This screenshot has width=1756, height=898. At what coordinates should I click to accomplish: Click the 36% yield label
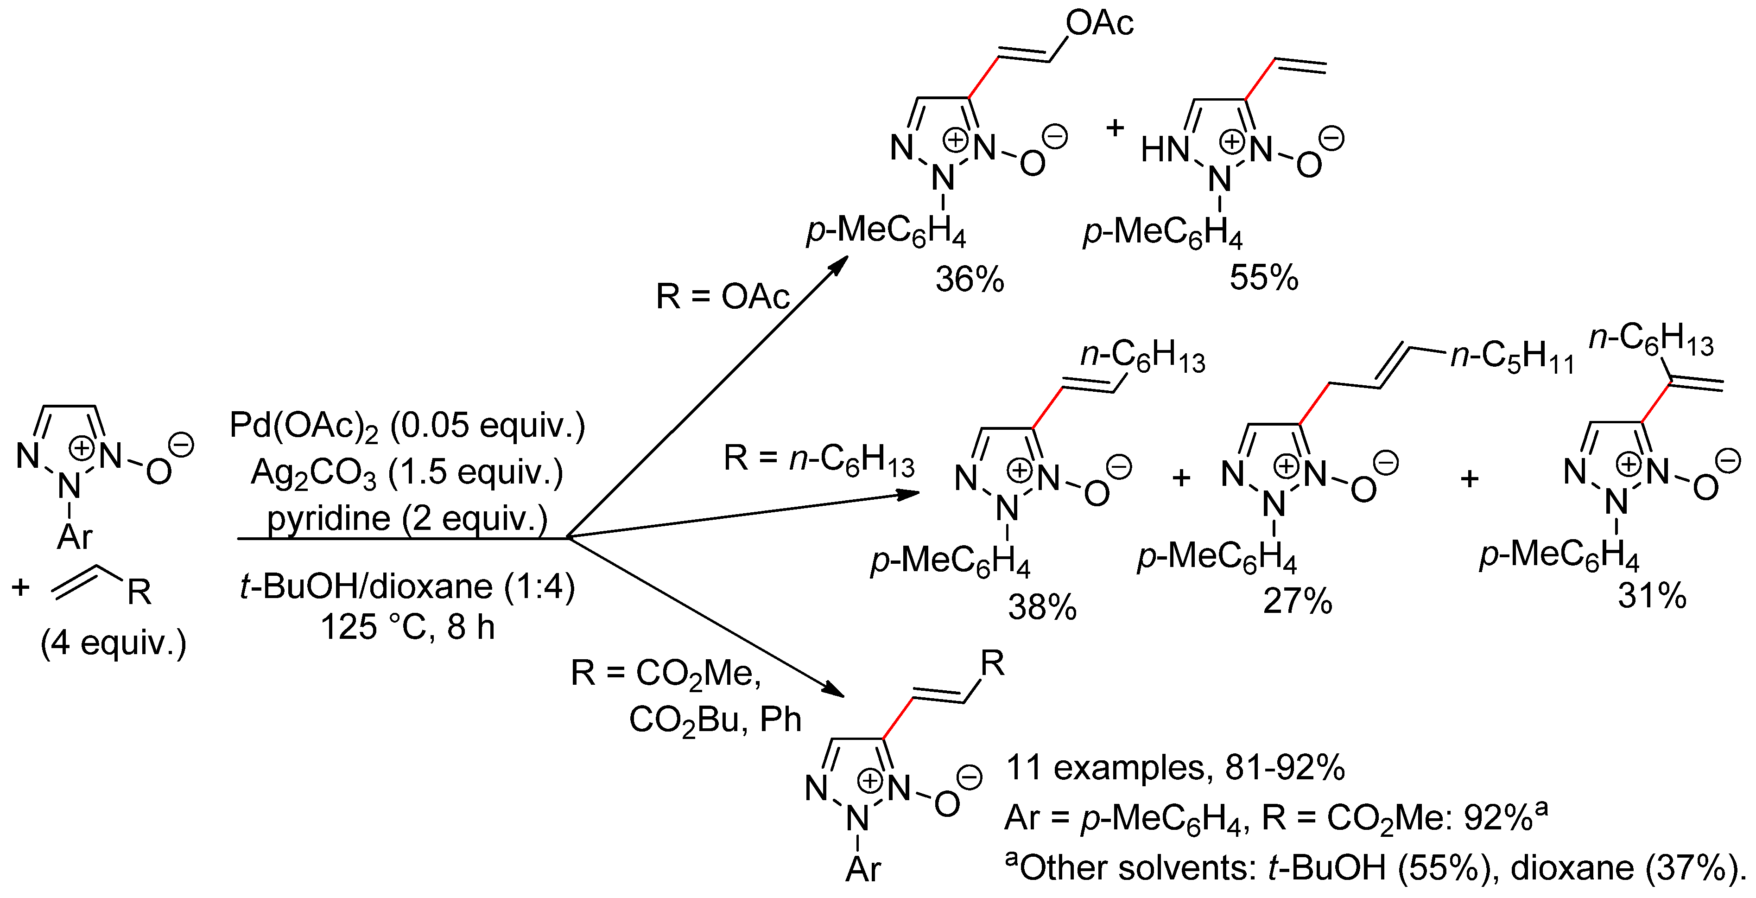970,280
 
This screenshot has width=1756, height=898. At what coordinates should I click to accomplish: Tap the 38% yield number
1042,606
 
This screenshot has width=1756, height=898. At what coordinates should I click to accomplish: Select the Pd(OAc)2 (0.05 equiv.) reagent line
407,426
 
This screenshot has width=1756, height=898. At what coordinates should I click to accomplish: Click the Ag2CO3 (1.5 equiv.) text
407,472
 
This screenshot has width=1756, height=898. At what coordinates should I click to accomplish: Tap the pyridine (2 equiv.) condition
407,518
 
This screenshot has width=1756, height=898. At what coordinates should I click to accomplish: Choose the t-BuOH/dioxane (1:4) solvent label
407,586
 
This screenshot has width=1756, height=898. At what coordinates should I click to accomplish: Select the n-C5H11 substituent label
1512,356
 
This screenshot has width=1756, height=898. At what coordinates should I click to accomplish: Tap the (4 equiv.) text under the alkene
113,643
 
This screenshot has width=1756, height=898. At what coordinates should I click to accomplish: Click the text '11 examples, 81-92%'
1174,768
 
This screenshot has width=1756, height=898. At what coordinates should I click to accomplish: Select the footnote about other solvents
1374,868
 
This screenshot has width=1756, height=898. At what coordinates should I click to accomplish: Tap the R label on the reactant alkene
139,592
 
